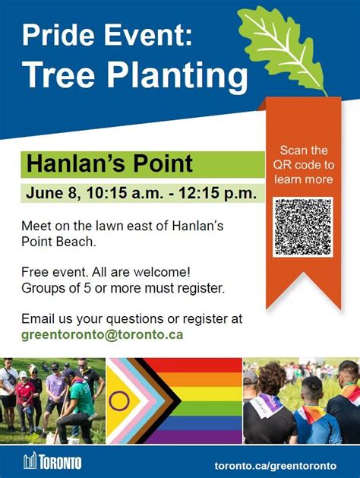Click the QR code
click(303, 227)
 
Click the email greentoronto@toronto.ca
click(103, 333)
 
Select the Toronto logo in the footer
click(52, 462)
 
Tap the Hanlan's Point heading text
click(109, 163)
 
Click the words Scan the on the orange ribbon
click(304, 150)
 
